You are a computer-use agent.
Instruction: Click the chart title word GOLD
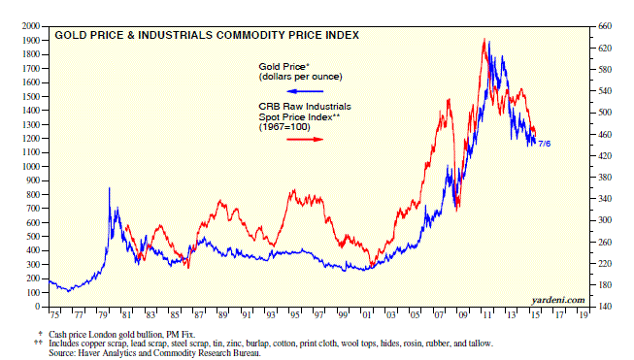pos(68,36)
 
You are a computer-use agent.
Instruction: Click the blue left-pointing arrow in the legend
pos(305,91)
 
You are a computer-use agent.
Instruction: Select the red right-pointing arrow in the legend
pos(305,140)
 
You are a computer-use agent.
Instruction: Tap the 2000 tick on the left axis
pos(31,26)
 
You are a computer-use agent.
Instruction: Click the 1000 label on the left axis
pos(31,167)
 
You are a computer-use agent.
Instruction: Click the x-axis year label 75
pos(54,315)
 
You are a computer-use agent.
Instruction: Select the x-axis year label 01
pos(367,315)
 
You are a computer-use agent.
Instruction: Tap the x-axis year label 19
pos(584,315)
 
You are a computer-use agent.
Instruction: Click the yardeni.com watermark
pos(558,300)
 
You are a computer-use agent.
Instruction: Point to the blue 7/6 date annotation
pos(545,144)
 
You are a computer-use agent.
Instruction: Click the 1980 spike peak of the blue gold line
pos(109,188)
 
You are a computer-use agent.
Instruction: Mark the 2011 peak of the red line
pos(484,39)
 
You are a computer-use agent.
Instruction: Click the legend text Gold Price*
pos(284,67)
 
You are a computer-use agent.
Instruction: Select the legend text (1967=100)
pos(284,127)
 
